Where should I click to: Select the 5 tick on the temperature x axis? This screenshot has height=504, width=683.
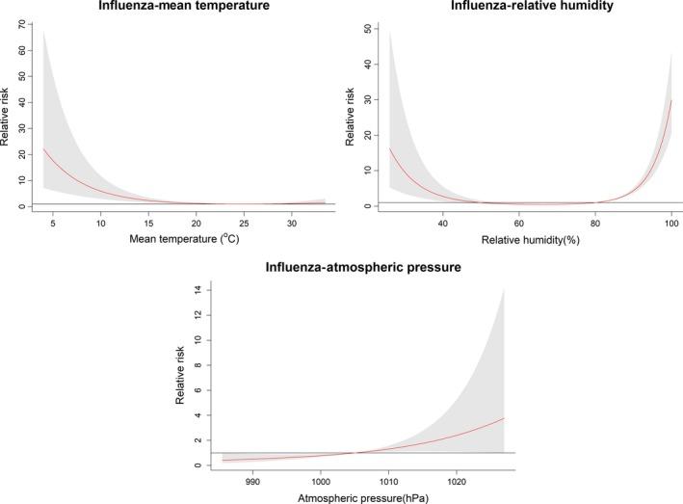click(53, 224)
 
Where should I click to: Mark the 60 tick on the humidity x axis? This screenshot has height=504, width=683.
click(518, 224)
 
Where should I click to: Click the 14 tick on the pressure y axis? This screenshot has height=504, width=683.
click(198, 289)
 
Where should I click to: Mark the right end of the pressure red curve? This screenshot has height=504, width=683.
click(504, 417)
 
